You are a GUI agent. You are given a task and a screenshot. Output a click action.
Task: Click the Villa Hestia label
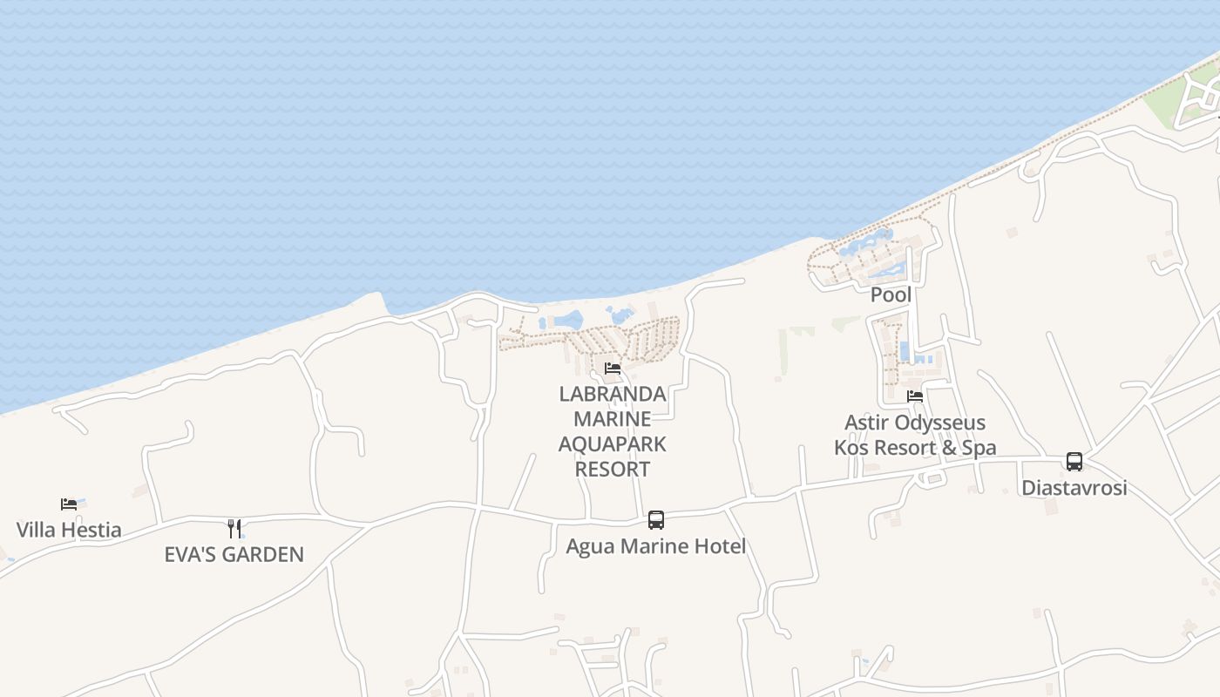click(x=69, y=530)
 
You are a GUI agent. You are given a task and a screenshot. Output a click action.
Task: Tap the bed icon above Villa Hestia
click(x=69, y=504)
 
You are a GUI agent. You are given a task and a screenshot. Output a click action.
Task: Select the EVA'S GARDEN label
click(x=234, y=554)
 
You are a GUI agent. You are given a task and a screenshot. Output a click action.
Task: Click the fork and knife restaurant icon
click(x=234, y=529)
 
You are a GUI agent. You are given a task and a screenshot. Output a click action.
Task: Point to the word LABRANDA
click(x=613, y=394)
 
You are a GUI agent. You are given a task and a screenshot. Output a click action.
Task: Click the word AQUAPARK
click(x=613, y=444)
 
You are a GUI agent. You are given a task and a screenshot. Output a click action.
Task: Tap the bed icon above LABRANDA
click(x=613, y=369)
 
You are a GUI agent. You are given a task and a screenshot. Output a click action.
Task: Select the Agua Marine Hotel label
click(x=656, y=546)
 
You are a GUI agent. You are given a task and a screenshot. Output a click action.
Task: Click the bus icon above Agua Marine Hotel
click(x=656, y=520)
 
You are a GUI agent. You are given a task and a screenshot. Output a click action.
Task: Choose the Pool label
click(x=891, y=294)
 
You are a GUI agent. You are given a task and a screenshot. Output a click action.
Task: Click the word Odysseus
click(x=944, y=423)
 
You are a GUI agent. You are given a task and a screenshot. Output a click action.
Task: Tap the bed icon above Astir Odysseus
click(x=915, y=396)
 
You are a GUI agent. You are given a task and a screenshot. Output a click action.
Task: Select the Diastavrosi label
click(x=1074, y=488)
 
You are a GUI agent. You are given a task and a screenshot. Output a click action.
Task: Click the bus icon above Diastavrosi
click(x=1074, y=462)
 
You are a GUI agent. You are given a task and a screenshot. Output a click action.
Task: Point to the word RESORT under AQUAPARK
click(x=613, y=469)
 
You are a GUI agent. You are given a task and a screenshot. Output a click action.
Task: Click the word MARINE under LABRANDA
click(x=613, y=419)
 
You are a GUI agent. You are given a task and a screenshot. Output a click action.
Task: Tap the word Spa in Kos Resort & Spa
click(x=979, y=448)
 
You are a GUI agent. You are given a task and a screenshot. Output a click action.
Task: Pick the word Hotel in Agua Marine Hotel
click(x=720, y=546)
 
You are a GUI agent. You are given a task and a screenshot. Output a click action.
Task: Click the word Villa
click(x=37, y=530)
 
